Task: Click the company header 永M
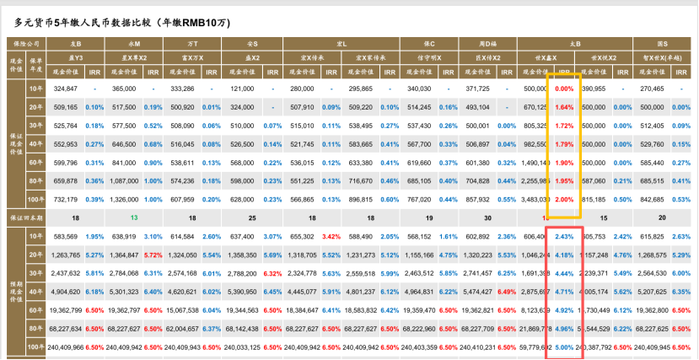[134, 42]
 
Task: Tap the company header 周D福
[488, 42]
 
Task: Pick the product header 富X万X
[194, 57]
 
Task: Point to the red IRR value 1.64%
[564, 107]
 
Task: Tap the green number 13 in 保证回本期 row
[134, 217]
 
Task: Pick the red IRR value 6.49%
[507, 291]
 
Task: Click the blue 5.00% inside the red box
[564, 346]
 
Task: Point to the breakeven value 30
[488, 217]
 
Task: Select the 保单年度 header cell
[37, 64]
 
